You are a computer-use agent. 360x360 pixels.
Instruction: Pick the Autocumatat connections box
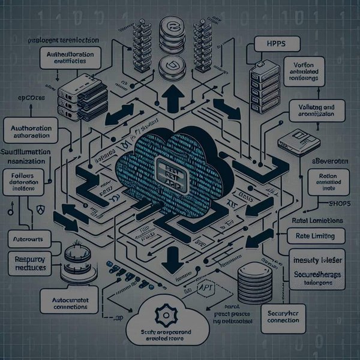point(66,302)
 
